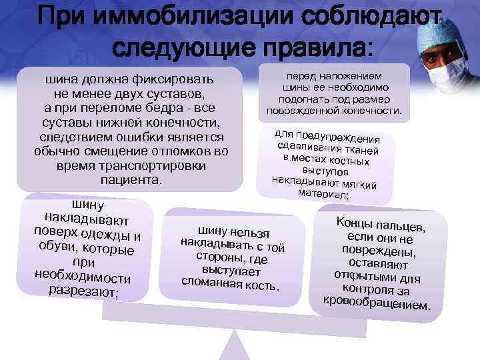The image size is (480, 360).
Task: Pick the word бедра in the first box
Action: (x=170, y=108)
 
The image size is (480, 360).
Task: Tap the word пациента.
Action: (x=131, y=180)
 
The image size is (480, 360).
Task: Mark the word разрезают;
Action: (x=83, y=291)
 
